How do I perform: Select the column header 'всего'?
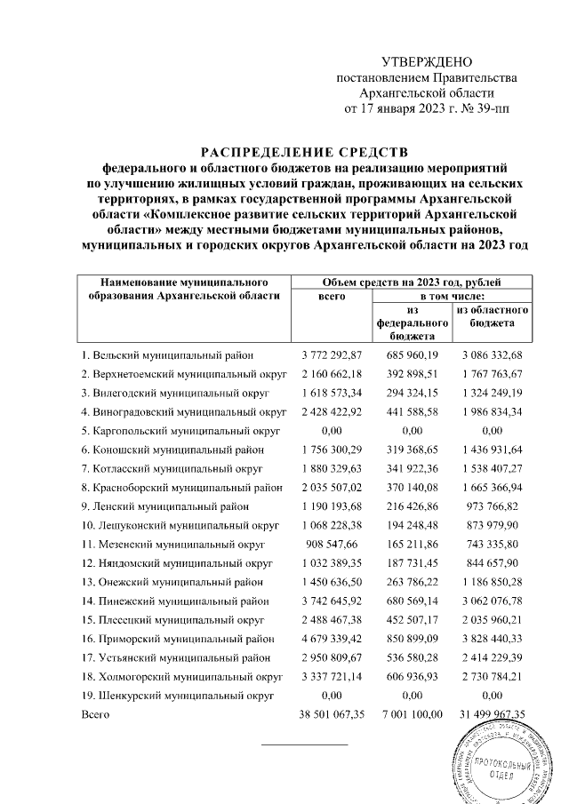[332, 295]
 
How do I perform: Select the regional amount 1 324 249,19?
[492, 392]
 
